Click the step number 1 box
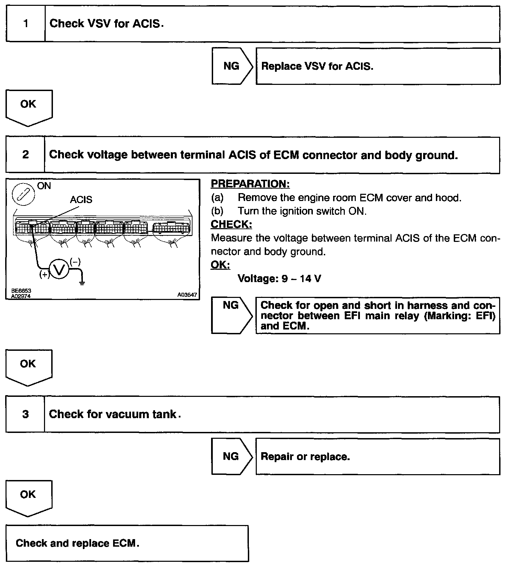26,24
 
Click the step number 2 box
25,155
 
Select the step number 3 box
25,414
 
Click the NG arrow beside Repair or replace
231,456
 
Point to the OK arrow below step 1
29,107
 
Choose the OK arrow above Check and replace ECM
29,497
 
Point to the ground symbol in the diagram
82,283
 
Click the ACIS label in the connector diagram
81,200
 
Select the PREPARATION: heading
250,184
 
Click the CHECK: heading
231,224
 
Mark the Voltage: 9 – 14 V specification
279,278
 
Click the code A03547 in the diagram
187,295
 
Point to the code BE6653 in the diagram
21,291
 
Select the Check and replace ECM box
127,543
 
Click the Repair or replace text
305,457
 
